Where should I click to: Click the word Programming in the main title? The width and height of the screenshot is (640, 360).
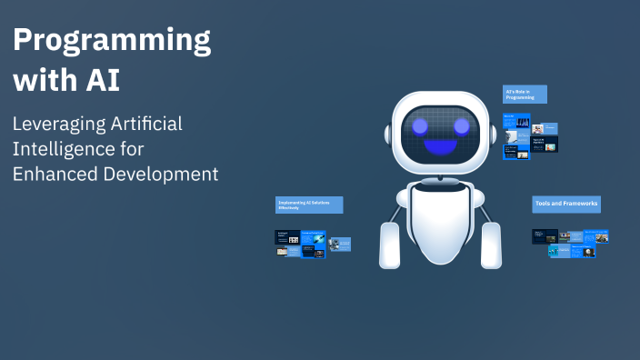pyautogui.click(x=112, y=40)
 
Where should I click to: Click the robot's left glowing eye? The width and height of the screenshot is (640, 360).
pyautogui.click(x=420, y=126)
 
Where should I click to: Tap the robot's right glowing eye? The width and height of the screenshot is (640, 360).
pyautogui.click(x=461, y=126)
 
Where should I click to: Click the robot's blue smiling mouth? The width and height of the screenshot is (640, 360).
pyautogui.click(x=441, y=147)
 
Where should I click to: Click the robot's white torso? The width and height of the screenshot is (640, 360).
pyautogui.click(x=440, y=223)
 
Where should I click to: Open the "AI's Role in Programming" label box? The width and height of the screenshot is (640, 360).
pyautogui.click(x=525, y=94)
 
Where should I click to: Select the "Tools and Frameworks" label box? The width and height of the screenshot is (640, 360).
pyautogui.click(x=565, y=205)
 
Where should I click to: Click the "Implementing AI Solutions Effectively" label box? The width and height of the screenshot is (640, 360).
pyautogui.click(x=308, y=205)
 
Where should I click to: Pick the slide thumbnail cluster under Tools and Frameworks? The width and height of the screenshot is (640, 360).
pyautogui.click(x=569, y=241)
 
